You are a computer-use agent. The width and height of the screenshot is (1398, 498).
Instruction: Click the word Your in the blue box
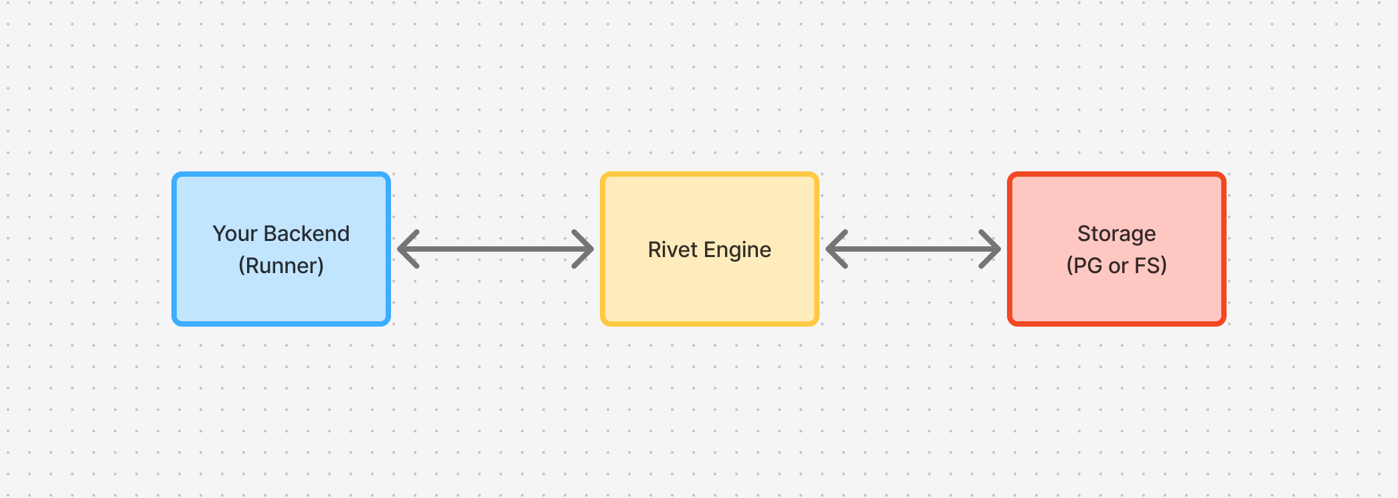[x=235, y=234]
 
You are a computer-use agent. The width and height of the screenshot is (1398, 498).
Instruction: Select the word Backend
[x=307, y=234]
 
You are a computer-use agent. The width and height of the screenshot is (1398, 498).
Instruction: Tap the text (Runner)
[x=281, y=266]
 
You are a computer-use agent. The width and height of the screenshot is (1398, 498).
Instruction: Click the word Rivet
[x=672, y=250]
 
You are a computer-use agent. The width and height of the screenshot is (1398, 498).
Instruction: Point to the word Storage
[x=1116, y=234]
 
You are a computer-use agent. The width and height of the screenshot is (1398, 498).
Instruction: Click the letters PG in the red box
[x=1088, y=266]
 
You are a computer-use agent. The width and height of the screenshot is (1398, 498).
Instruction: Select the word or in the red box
[x=1118, y=266]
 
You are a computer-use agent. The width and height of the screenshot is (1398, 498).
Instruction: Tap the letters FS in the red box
[x=1148, y=266]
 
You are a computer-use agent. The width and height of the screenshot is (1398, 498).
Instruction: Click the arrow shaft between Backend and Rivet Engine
[x=495, y=249]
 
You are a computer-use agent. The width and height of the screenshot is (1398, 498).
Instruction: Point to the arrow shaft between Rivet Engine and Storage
[x=913, y=249]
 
